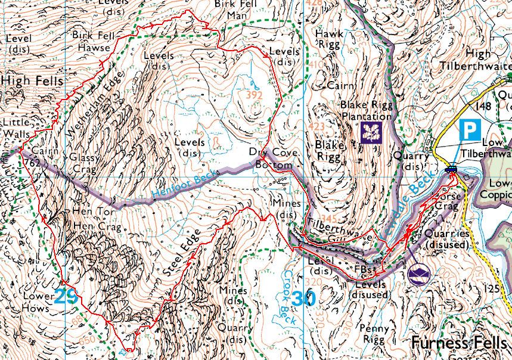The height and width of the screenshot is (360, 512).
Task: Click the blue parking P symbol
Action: [470, 129]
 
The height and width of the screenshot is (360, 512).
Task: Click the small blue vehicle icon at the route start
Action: [452, 169]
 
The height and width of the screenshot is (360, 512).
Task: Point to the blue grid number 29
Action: [66, 296]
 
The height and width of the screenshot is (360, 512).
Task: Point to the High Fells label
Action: [26, 79]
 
